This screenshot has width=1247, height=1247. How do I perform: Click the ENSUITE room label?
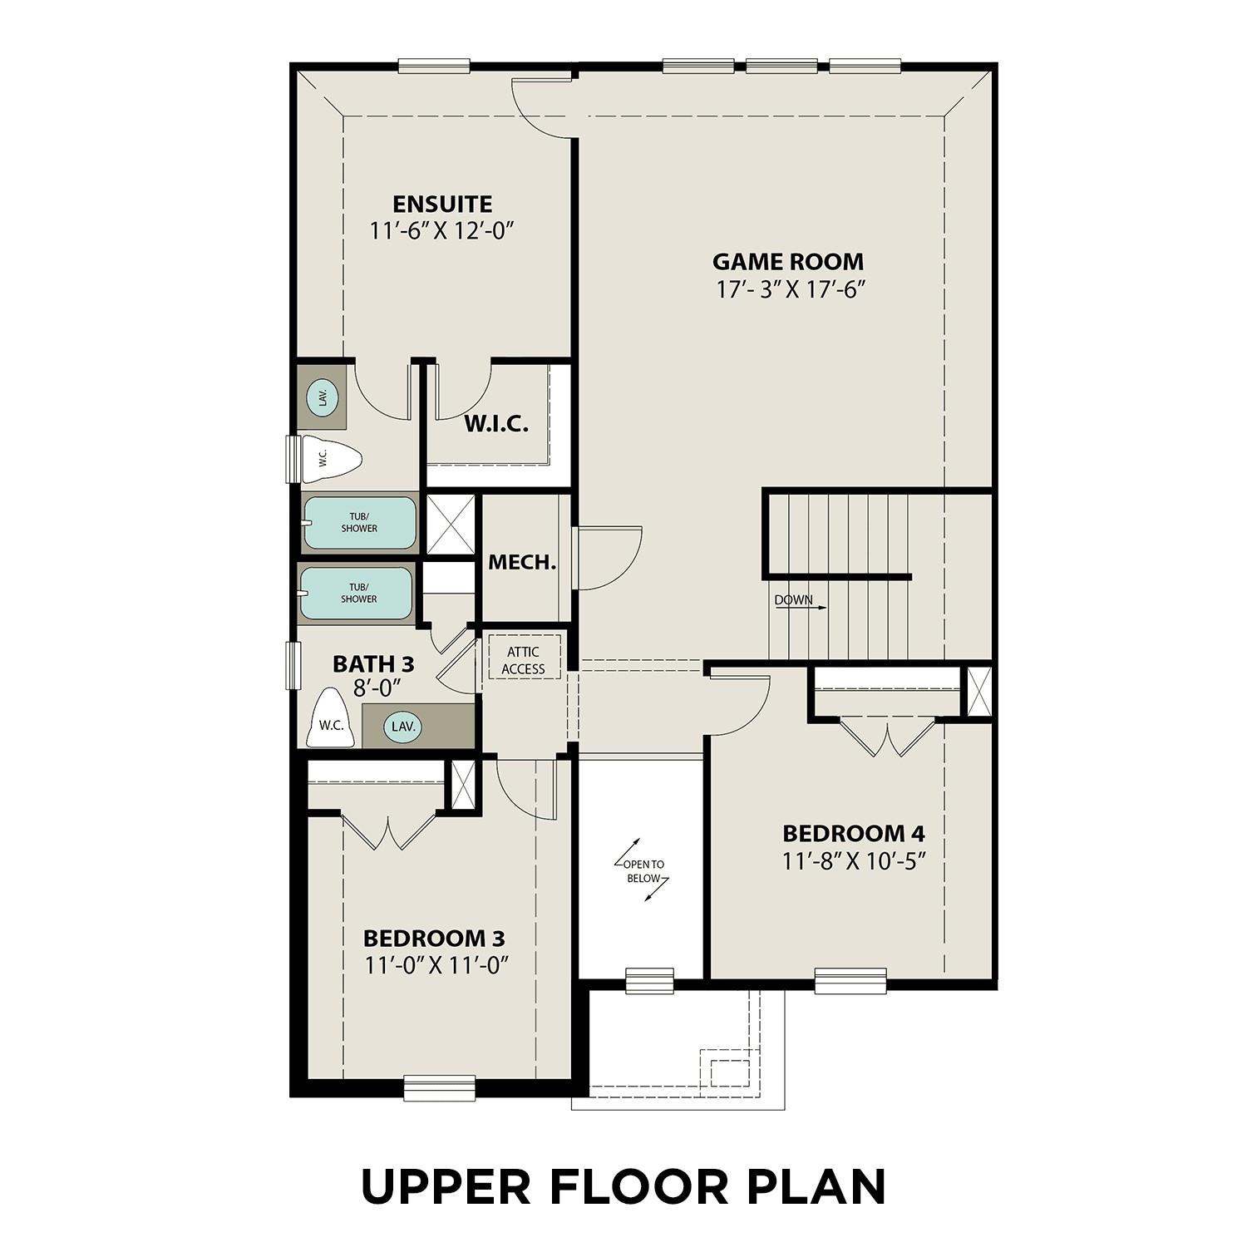(x=442, y=205)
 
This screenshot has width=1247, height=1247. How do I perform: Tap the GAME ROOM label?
(x=787, y=262)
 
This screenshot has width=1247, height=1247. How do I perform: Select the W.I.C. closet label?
(x=495, y=424)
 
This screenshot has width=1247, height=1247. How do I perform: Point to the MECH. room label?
(x=522, y=563)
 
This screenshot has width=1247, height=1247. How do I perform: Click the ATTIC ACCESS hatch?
(x=523, y=660)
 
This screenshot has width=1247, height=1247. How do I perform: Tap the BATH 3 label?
(x=373, y=664)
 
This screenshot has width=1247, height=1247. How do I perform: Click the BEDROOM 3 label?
(x=434, y=939)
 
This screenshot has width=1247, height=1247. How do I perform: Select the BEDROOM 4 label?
(x=854, y=833)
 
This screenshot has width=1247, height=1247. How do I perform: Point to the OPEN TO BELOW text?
(x=643, y=871)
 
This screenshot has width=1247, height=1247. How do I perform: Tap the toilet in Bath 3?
(x=331, y=719)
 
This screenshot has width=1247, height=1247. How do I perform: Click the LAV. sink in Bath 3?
(x=403, y=727)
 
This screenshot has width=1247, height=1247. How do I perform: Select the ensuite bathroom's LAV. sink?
(x=322, y=397)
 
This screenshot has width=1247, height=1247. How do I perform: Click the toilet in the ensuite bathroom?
(x=330, y=458)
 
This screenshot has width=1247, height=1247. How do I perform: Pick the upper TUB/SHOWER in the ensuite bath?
(x=359, y=523)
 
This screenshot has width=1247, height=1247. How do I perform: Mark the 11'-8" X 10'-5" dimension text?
(x=854, y=861)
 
